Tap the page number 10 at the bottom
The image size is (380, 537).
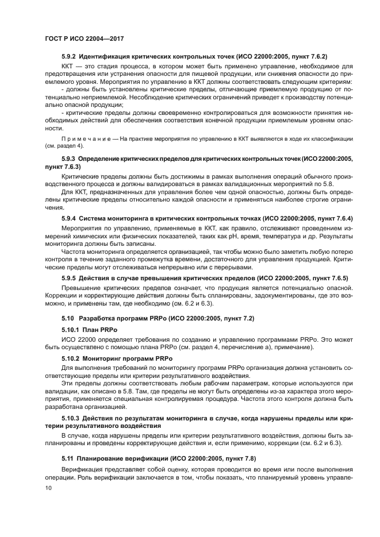coord(48,488)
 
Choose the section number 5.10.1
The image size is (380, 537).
coord(70,331)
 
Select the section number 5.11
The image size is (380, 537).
coord(67,458)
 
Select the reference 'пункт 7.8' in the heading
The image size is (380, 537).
coord(240,458)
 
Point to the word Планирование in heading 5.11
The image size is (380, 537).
coord(103,458)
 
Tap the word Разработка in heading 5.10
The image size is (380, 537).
coord(96,318)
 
